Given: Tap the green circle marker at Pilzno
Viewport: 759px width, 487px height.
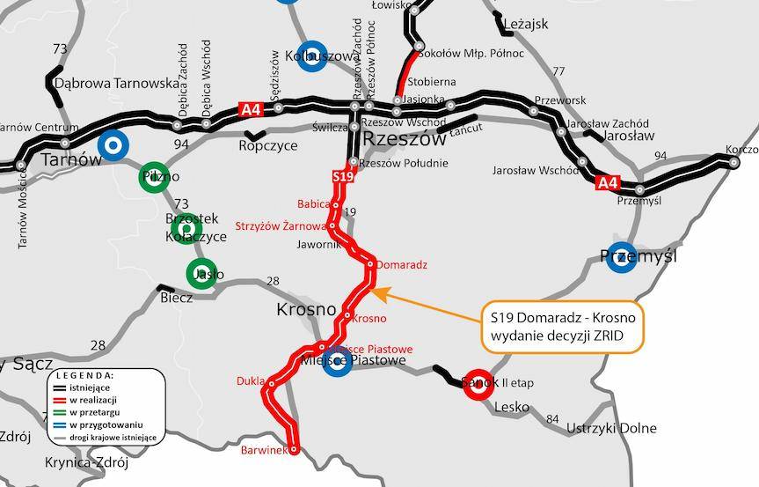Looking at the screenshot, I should click(x=155, y=177).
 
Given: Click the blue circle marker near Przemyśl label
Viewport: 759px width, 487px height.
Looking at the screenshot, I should click(x=622, y=256).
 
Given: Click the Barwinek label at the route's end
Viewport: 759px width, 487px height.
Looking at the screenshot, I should click(x=263, y=450).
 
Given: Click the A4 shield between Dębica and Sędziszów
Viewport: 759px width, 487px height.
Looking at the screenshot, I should click(x=251, y=110).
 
